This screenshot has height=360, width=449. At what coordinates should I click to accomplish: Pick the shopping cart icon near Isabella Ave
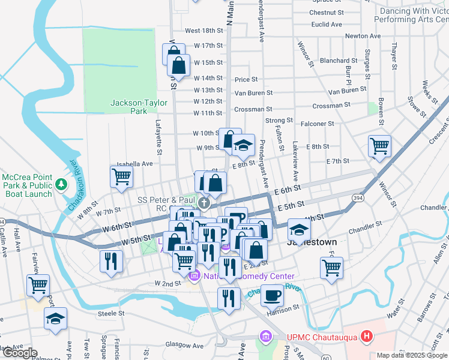point(121,176)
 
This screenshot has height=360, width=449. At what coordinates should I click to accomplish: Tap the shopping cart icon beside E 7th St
point(379,145)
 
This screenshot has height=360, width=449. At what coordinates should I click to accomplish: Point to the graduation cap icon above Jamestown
point(299,229)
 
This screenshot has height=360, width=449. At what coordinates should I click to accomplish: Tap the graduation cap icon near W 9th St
point(243,146)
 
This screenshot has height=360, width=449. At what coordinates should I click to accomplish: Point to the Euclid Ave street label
point(327,25)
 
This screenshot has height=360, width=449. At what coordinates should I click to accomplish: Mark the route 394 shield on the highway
point(358,197)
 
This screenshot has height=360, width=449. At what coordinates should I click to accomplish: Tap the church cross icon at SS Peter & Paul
point(204,203)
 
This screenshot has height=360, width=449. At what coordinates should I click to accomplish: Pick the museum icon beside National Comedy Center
point(193,277)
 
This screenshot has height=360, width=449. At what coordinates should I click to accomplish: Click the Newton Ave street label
point(363,36)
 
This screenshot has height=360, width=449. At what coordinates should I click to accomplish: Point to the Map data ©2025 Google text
point(412,355)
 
